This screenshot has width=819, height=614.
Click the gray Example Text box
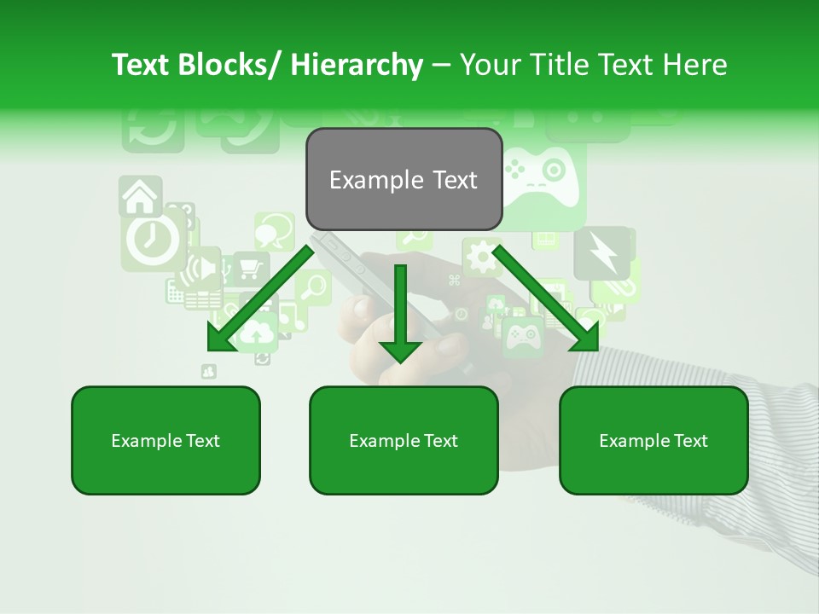(404, 179)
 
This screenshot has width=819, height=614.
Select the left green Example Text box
(166, 440)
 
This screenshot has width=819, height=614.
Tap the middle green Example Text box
(404, 440)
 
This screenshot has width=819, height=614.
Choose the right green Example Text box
(653, 440)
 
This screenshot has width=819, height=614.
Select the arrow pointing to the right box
(546, 298)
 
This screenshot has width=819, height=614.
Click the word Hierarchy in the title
(356, 65)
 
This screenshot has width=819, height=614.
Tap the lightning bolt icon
(602, 253)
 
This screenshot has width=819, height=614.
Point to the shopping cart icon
(250, 269)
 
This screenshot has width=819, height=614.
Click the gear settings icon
(481, 257)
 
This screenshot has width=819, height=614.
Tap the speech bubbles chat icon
(274, 229)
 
